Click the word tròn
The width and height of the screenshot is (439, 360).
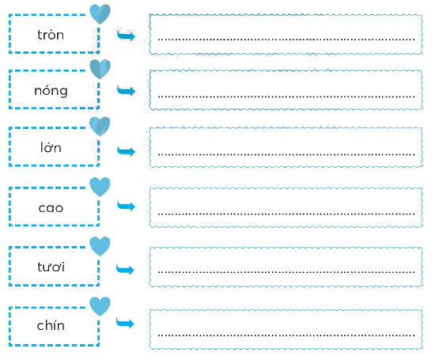[51, 35]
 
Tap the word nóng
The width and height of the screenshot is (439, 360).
[51, 91]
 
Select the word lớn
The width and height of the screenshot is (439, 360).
[51, 147]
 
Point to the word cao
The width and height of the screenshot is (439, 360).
[51, 208]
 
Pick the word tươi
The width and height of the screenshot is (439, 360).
[51, 267]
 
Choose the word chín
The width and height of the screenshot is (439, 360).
[51, 325]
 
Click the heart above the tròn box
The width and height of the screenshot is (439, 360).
[100, 13]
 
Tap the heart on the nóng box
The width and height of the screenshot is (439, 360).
[100, 69]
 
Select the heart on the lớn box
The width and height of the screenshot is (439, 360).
[100, 126]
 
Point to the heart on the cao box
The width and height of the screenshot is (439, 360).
[100, 187]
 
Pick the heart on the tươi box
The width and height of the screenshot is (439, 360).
[100, 246]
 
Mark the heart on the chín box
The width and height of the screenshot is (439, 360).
[100, 306]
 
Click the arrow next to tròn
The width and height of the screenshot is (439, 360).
[126, 35]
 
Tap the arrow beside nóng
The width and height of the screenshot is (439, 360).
[126, 90]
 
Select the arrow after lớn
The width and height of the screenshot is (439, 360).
[126, 151]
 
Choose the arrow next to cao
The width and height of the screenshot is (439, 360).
[126, 207]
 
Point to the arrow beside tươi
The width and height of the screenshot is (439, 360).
[125, 269]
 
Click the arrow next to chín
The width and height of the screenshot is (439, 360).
[125, 323]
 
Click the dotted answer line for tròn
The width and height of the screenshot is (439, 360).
[286, 40]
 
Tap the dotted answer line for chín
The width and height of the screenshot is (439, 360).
[286, 335]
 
